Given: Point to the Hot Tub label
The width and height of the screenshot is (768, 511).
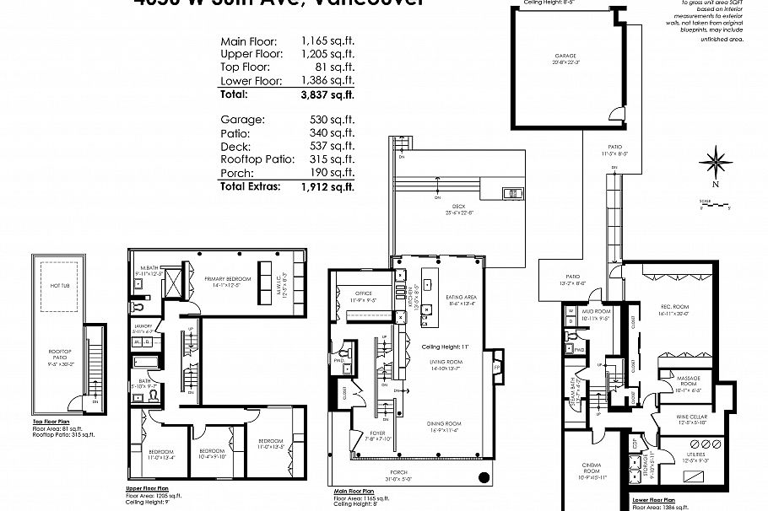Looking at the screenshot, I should [x=58, y=287].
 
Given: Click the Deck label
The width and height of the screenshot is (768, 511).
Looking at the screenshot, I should [x=458, y=206].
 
